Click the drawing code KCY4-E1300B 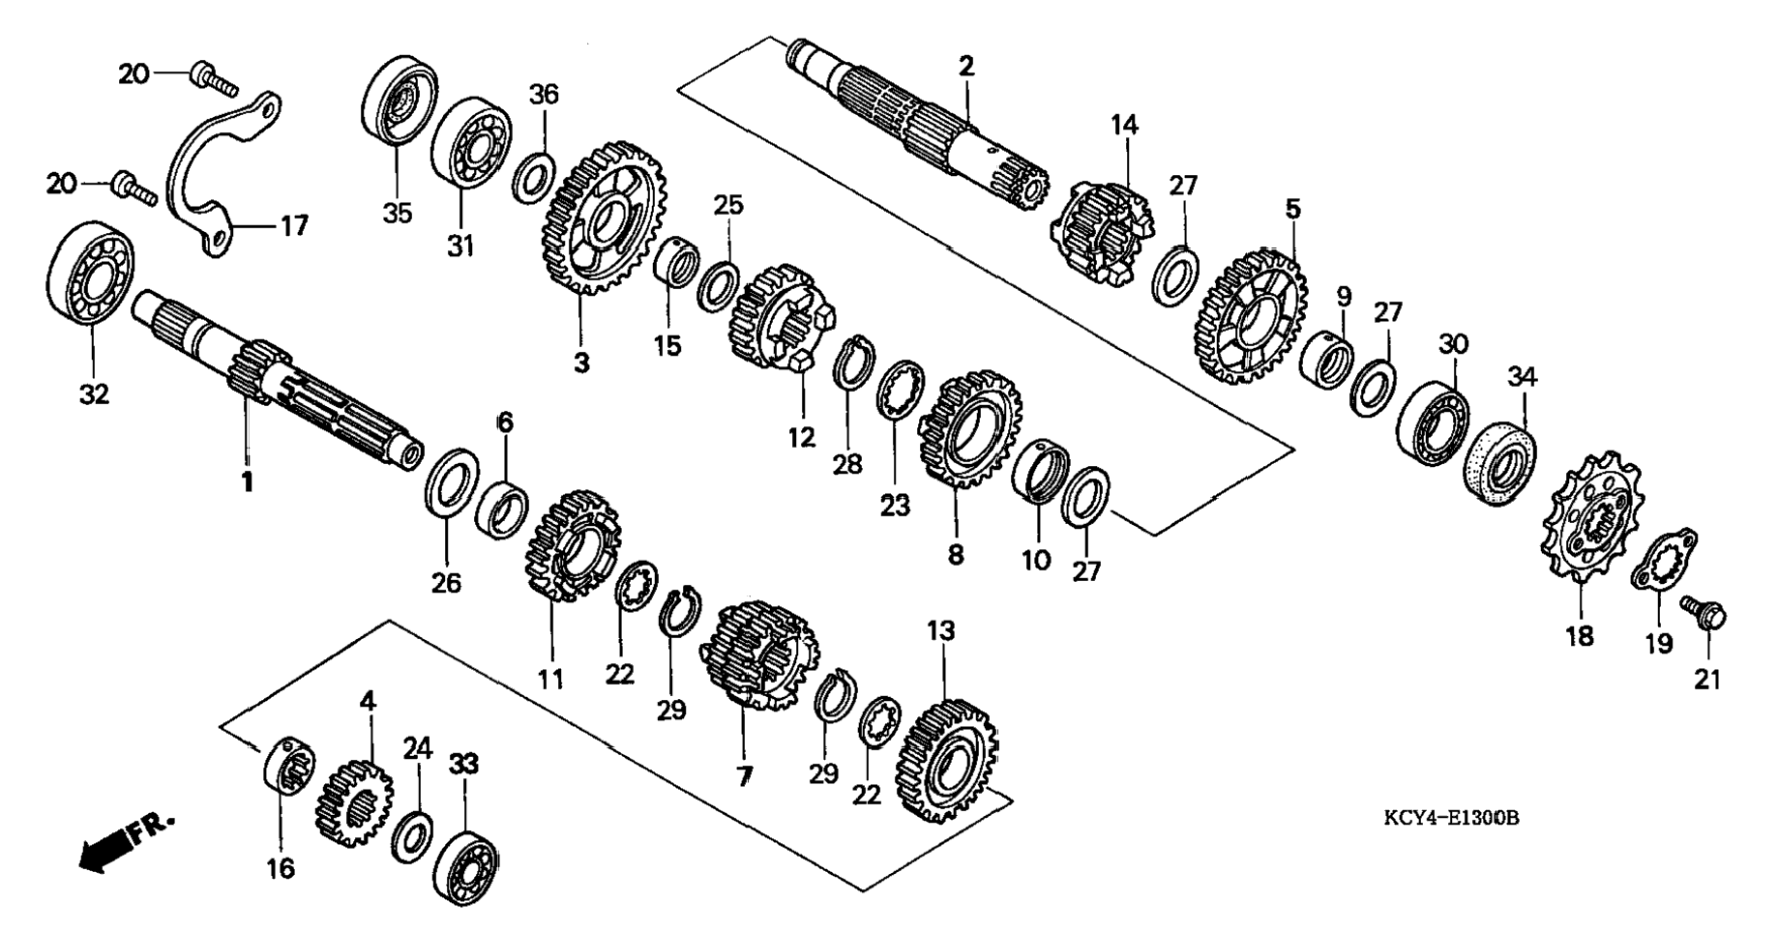[x=1451, y=819]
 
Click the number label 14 [x=1124, y=125]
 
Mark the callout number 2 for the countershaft [x=965, y=67]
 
